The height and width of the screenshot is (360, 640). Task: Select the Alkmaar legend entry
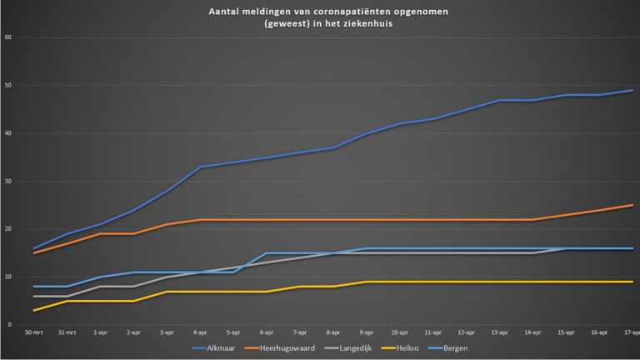pos(222,347)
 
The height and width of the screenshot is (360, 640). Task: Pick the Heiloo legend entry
pos(414,347)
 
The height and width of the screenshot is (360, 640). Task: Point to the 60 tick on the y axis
pos(7,38)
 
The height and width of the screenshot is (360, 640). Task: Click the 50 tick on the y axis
pos(7,86)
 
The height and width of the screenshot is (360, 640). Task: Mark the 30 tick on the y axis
pos(7,182)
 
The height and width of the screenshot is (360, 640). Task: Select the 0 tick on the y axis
pos(9,325)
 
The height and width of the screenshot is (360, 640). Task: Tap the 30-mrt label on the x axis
pos(34,332)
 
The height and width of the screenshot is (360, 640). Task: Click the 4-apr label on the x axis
pos(200,332)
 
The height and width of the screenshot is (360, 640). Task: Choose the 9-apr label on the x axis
pos(367,332)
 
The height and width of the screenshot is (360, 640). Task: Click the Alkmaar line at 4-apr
pos(200,167)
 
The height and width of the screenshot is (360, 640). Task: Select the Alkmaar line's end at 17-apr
pos(632,91)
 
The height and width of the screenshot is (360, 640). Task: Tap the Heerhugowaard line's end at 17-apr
pos(632,205)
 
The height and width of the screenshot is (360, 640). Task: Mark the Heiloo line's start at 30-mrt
pos(34,311)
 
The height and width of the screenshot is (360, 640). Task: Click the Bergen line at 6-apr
pos(267,253)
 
